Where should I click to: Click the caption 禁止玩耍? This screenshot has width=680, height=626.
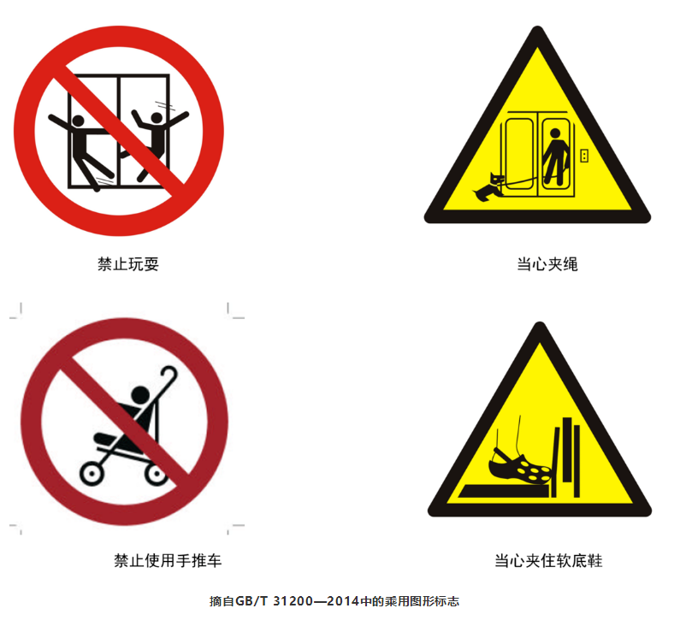[x=128, y=263]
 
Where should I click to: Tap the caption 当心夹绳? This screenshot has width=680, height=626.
[x=547, y=263]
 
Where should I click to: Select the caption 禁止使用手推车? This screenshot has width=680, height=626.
[x=168, y=560]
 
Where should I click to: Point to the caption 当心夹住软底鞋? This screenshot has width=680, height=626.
[x=548, y=560]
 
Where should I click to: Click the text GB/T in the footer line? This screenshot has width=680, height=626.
[x=251, y=601]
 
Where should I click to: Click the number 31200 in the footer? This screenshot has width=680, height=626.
[x=293, y=601]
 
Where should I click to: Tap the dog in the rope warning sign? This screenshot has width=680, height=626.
[x=488, y=186]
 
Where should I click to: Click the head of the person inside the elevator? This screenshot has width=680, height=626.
[x=555, y=133]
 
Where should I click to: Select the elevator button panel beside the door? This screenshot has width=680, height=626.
[x=584, y=156]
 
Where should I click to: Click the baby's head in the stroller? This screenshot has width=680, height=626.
[x=140, y=394]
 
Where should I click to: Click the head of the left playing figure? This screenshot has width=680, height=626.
[x=78, y=121]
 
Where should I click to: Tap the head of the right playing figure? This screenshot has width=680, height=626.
[x=157, y=117]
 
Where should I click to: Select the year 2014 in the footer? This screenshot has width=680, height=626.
[x=343, y=601]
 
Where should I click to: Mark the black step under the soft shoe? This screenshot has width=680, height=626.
[x=504, y=491]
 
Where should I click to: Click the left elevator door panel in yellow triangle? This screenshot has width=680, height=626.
[x=519, y=153]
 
